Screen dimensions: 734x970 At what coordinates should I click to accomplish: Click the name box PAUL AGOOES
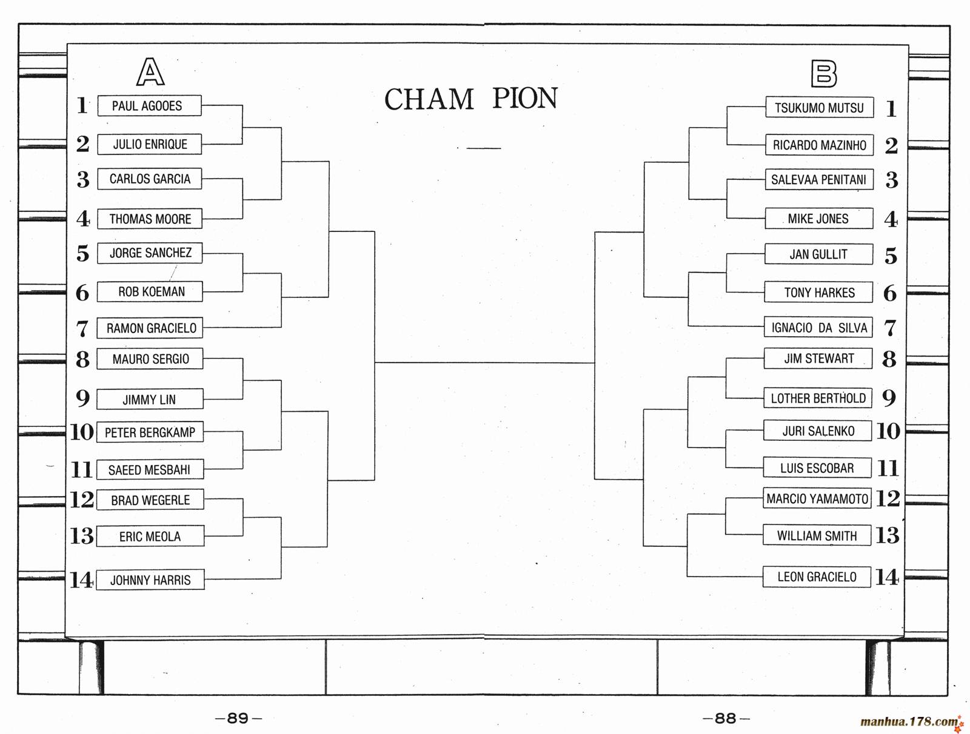click(x=149, y=106)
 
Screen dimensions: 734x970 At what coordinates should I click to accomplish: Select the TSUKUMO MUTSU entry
click(x=819, y=108)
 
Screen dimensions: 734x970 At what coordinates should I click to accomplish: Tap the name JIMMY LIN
click(x=149, y=400)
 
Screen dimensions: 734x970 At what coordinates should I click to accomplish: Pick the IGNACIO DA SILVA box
click(x=818, y=328)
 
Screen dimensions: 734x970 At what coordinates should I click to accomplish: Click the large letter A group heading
click(x=150, y=72)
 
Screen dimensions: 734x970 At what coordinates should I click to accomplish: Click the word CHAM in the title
click(x=429, y=99)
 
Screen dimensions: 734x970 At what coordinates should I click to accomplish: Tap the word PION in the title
click(x=524, y=99)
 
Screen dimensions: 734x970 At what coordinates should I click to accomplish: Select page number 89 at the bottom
click(x=238, y=718)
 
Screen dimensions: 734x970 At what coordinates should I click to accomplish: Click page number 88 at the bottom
click(x=725, y=718)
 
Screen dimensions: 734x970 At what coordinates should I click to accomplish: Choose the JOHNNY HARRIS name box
click(x=150, y=580)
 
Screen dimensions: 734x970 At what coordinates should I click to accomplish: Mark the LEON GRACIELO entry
click(x=817, y=577)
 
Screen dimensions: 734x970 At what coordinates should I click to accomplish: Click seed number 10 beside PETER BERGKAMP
click(x=82, y=432)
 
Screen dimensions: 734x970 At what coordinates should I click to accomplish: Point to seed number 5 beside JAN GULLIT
click(x=890, y=256)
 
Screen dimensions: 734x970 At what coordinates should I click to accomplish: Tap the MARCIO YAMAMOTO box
click(x=817, y=499)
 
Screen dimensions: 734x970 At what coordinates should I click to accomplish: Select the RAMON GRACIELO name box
click(x=150, y=328)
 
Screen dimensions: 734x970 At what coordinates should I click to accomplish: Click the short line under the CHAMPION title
click(x=483, y=148)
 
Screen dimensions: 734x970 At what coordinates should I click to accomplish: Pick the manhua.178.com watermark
click(x=909, y=722)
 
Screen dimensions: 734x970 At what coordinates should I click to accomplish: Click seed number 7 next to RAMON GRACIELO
click(x=82, y=329)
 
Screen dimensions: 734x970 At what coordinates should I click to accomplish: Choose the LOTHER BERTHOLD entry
click(x=817, y=398)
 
